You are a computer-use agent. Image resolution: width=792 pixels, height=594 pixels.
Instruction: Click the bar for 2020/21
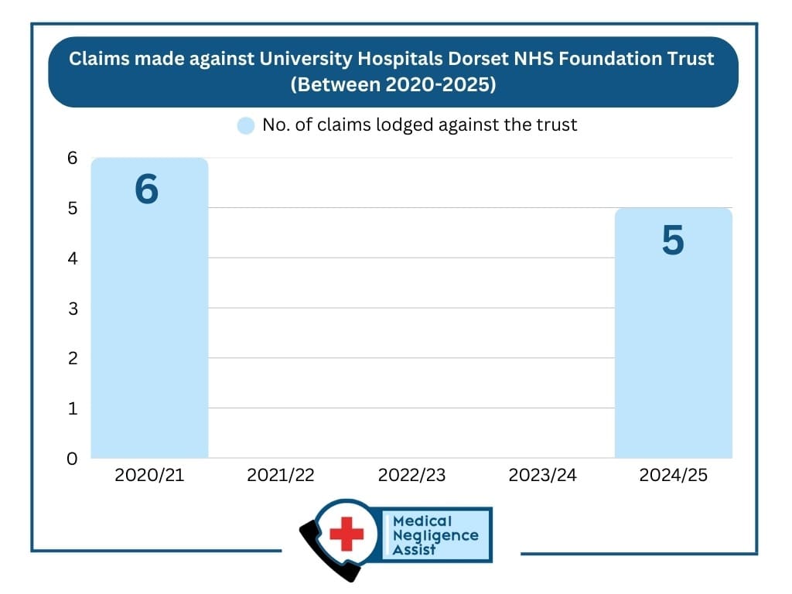point(149,325)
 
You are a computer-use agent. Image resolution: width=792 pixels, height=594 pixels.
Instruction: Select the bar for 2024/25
point(673,348)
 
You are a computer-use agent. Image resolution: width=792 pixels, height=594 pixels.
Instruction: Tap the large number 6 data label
point(146,190)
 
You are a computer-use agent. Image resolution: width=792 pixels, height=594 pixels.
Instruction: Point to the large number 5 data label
point(673,241)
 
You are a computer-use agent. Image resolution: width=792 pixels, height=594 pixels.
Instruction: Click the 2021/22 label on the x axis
point(281,476)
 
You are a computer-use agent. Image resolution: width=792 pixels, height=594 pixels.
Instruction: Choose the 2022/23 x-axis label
point(411,476)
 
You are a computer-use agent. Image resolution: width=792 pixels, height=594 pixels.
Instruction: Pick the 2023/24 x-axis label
point(542,476)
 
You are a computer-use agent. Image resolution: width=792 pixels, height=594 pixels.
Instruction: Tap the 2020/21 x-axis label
point(149,476)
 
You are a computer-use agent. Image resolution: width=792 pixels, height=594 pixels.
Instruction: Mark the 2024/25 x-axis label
point(673,476)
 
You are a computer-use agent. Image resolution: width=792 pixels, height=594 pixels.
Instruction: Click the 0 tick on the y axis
point(72,459)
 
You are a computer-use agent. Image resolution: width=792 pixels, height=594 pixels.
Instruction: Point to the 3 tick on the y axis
point(72,309)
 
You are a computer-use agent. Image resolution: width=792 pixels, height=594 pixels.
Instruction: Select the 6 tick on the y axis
point(72,158)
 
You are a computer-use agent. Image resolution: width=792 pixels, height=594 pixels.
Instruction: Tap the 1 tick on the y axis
point(72,408)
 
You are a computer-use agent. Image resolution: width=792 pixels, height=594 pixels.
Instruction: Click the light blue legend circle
point(246,125)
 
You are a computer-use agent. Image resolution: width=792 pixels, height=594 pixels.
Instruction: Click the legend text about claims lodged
point(419,125)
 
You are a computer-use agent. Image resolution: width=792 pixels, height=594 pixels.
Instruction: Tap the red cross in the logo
point(346,533)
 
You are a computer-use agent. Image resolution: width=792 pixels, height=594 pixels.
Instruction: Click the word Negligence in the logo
point(435,535)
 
